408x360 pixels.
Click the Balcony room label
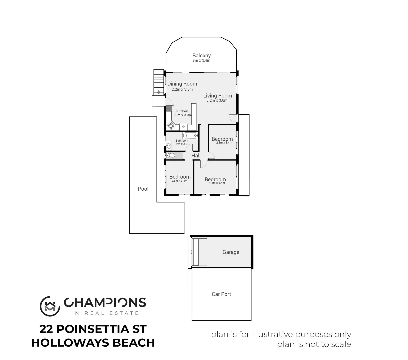[x=202, y=56]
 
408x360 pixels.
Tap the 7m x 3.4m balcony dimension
[x=202, y=61]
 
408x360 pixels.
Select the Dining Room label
[x=182, y=84]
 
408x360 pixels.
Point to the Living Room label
[x=217, y=96]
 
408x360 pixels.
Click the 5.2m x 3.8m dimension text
[x=217, y=101]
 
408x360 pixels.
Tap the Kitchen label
[x=182, y=111]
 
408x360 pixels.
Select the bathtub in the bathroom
[x=191, y=136]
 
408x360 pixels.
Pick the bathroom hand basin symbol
[x=169, y=145]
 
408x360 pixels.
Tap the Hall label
[x=196, y=156]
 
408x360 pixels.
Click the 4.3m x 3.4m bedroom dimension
[x=217, y=183]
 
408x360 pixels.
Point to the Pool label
[x=143, y=189]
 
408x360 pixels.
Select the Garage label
[x=231, y=252]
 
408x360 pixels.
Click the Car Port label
[x=221, y=294]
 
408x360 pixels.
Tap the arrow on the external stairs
[x=159, y=92]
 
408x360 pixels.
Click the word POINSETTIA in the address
[x=92, y=329]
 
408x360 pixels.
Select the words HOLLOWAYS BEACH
[x=93, y=343]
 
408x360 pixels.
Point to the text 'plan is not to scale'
[x=314, y=344]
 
